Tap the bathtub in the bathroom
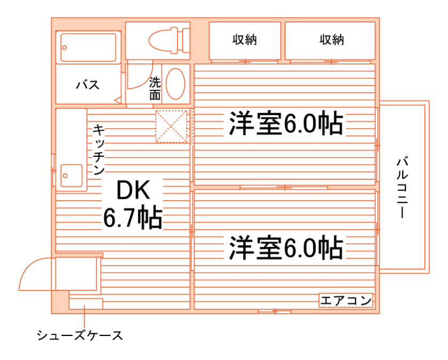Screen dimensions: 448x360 tap(88, 48)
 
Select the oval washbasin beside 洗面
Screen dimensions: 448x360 tap(175, 84)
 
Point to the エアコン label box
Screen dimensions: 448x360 tap(346, 301)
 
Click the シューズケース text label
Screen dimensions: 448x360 tap(79, 335)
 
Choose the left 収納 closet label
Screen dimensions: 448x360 tap(245, 39)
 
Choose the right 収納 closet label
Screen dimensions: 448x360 tap(332, 39)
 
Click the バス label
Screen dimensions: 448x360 tap(87, 85)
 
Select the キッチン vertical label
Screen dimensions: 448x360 tap(99, 150)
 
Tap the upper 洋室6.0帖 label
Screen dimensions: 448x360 tap(285, 124)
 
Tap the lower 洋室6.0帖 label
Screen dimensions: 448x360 tap(286, 247)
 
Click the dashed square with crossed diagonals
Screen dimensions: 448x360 tap(172, 127)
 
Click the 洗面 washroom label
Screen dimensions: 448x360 tap(155, 89)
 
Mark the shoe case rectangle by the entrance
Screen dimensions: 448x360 tap(85, 303)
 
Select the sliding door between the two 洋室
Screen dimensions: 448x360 tap(285, 187)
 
